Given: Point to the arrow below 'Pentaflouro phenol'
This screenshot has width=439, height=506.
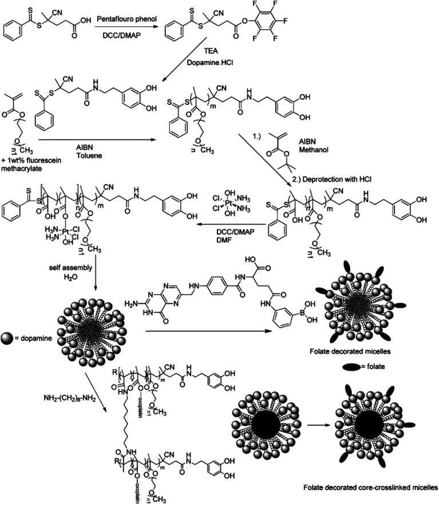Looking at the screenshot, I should click(x=128, y=28).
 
